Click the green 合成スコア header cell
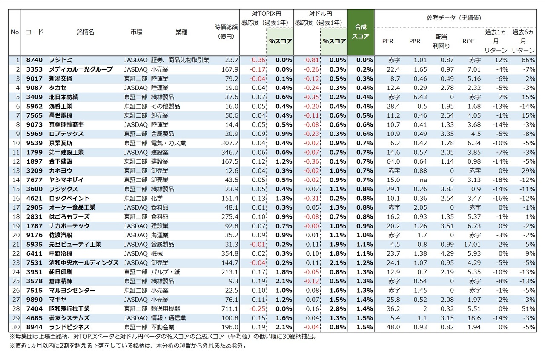[x=361, y=32]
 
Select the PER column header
[x=388, y=41]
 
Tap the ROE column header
[x=468, y=41]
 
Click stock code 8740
[x=34, y=60]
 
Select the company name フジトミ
[x=62, y=60]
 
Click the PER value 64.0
[x=393, y=161]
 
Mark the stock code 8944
[x=34, y=327]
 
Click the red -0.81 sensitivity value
[x=312, y=60]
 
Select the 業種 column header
[x=181, y=32]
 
